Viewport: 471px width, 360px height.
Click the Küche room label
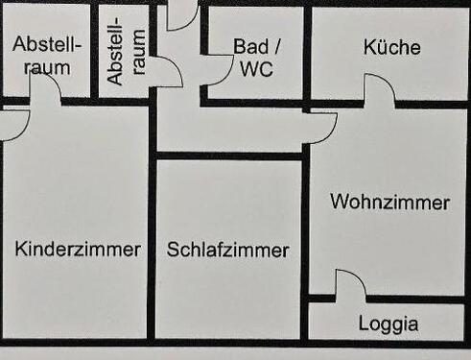(391, 47)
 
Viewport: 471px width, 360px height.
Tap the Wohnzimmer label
(389, 203)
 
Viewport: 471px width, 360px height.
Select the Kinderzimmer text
(78, 250)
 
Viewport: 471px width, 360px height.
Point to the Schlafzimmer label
(227, 251)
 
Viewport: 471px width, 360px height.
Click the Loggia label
(389, 324)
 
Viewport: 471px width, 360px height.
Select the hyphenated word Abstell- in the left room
(48, 45)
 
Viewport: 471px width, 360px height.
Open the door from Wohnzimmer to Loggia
(349, 285)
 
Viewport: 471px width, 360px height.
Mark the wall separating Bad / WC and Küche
(306, 53)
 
